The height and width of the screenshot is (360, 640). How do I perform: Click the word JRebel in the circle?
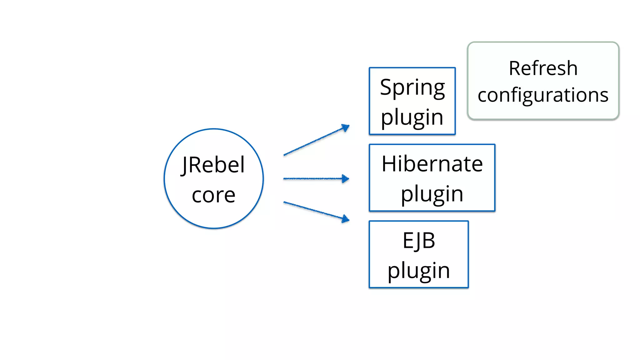click(213, 165)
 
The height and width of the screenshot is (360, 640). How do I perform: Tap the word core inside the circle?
click(213, 195)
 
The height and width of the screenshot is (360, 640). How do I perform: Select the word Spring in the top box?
click(412, 88)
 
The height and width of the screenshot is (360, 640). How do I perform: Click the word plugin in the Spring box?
click(412, 117)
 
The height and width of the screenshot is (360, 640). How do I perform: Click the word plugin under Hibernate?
click(432, 194)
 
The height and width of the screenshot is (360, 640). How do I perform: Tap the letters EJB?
click(419, 241)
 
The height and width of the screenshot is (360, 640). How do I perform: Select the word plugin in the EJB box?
click(419, 271)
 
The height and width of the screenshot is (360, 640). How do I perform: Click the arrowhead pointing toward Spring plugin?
click(346, 127)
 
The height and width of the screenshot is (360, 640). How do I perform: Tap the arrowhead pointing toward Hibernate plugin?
click(345, 179)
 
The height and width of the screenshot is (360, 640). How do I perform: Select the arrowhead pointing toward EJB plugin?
click(345, 219)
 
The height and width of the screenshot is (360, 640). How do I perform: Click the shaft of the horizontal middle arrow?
click(312, 179)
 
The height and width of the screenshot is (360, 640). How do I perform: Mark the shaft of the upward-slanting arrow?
click(312, 142)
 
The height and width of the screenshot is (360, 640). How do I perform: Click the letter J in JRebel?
click(184, 166)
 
